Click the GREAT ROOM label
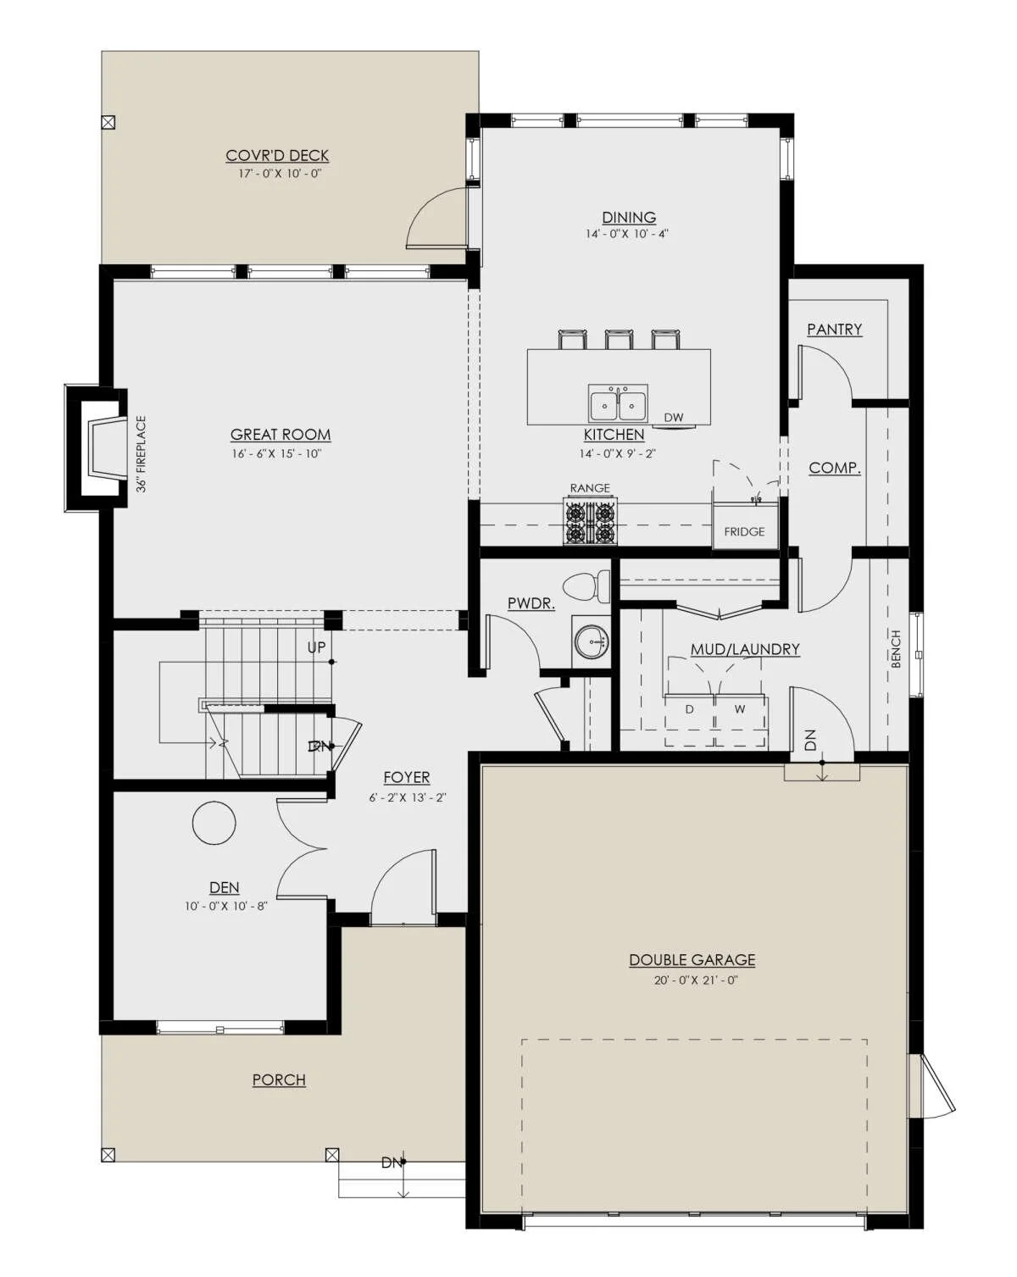281,435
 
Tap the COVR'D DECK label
276,155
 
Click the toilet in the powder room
586,584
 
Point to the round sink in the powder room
591,641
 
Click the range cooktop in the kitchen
589,523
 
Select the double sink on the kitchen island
618,403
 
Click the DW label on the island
674,417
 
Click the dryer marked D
689,719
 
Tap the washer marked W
741,719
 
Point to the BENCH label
896,648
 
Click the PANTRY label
834,330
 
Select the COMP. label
834,469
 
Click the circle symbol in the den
214,823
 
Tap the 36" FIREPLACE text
142,454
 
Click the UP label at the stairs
316,647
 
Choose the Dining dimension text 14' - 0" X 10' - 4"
627,234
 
